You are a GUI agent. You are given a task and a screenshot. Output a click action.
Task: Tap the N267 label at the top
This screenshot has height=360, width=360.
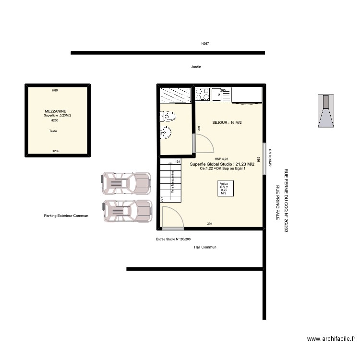205,44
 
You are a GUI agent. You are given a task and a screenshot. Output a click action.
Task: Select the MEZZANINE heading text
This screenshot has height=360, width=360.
56,111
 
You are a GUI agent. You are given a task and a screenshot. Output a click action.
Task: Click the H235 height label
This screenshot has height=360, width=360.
56,151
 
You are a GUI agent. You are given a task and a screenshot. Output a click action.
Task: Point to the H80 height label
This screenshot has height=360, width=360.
55,90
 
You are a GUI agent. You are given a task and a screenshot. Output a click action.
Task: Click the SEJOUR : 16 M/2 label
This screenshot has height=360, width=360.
227,123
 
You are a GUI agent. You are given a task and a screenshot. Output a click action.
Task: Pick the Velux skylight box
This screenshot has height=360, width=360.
224,188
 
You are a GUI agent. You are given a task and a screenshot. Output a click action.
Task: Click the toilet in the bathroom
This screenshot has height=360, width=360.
168,116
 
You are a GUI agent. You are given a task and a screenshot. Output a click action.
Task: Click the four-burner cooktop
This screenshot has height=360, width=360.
203,94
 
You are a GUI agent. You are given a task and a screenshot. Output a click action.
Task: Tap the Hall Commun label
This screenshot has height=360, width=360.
205,247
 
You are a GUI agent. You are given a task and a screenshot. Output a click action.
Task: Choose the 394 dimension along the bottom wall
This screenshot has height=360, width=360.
210,224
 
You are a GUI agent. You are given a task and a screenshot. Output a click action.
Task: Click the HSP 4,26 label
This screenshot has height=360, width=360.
222,159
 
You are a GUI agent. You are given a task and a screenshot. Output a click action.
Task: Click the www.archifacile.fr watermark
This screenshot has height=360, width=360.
331,339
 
